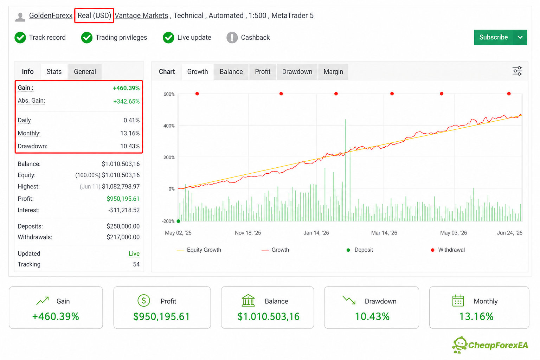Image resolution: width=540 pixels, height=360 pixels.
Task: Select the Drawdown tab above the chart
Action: click(x=297, y=72)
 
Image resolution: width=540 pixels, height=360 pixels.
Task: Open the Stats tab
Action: click(x=54, y=72)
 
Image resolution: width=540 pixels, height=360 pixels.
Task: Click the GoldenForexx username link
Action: click(x=51, y=15)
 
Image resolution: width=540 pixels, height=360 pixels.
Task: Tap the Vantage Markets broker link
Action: click(x=141, y=15)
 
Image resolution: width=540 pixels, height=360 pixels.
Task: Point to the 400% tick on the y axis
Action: click(x=169, y=126)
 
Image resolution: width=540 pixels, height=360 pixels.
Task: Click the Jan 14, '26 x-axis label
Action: click(x=316, y=233)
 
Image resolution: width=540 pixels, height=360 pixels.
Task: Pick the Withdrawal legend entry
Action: click(x=448, y=250)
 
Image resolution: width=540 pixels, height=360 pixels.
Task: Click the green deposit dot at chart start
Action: click(x=178, y=221)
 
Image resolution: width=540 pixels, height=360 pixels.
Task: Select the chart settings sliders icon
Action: click(x=517, y=71)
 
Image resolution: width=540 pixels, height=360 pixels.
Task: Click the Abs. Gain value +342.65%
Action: click(x=126, y=101)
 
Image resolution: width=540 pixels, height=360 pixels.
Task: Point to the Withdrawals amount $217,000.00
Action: click(x=123, y=237)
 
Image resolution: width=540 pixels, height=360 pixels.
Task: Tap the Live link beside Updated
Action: click(x=134, y=254)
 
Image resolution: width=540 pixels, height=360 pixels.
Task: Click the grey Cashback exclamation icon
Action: click(x=232, y=38)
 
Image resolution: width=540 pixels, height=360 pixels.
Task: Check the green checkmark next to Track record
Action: click(x=20, y=38)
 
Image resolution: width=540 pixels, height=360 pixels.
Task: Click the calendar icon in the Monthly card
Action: click(x=458, y=301)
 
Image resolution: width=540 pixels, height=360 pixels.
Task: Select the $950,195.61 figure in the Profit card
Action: click(x=161, y=317)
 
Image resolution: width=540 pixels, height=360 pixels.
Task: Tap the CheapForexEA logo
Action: click(x=490, y=345)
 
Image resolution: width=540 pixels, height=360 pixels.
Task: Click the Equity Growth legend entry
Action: click(x=199, y=250)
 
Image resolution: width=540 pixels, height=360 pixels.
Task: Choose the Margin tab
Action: click(x=333, y=72)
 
